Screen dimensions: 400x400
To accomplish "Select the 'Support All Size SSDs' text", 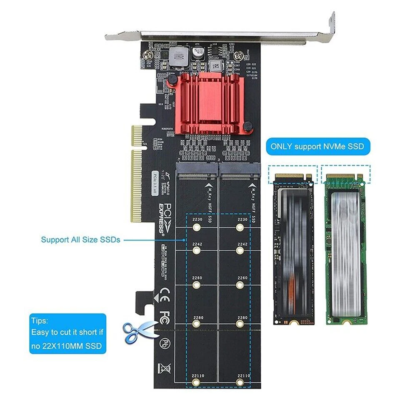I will click(80, 240).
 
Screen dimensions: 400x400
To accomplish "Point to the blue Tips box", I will click(67, 334).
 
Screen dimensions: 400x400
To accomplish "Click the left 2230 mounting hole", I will click(196, 227).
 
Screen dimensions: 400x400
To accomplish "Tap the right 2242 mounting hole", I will click(240, 250).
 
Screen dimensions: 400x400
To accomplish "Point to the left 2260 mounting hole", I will click(196, 285).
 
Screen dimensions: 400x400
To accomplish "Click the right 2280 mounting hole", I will click(240, 324).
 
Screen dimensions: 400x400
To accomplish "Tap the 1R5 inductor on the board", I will click(215, 65).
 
